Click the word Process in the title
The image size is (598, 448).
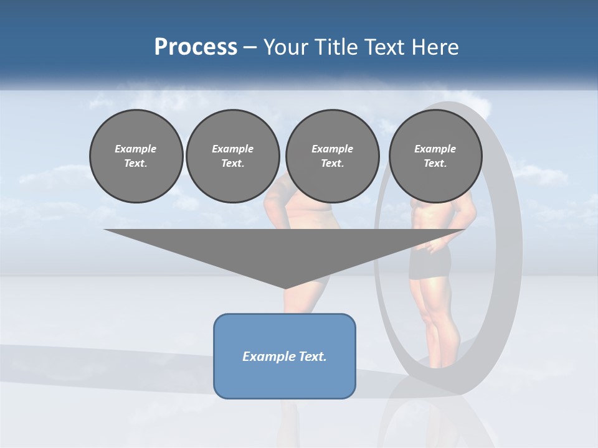196,47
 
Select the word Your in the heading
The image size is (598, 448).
285,47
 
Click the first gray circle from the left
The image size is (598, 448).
136,156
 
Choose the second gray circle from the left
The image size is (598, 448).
233,156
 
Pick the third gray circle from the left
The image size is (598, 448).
333,156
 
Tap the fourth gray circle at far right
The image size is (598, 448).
435,156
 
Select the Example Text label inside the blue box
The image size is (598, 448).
285,357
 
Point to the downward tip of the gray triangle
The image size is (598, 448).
285,287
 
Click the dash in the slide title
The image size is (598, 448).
250,48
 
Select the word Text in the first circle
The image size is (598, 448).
136,164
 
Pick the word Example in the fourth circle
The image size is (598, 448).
435,149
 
